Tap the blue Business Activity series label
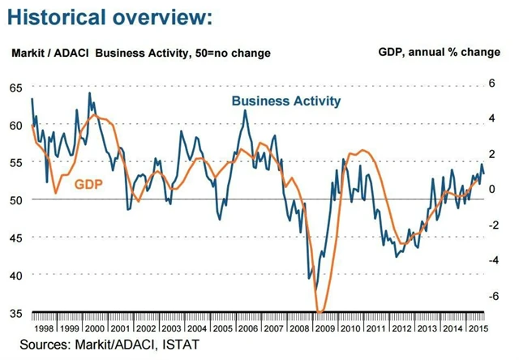285,101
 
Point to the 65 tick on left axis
16,88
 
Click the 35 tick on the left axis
16,313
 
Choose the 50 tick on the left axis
16,199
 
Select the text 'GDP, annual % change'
440,53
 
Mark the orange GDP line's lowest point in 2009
320,312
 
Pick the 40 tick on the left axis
16,275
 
